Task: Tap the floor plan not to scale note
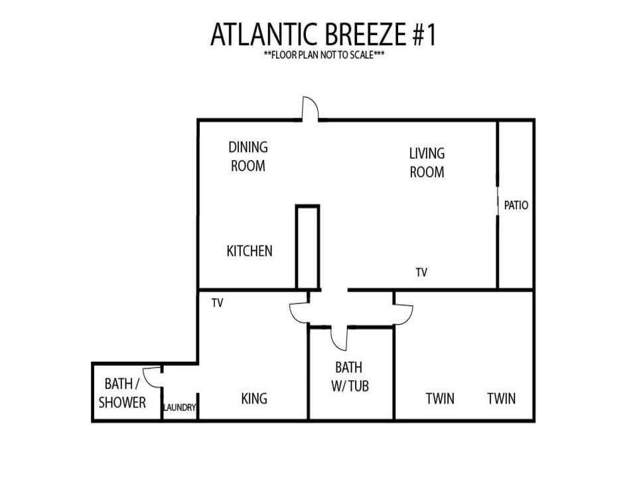click(x=324, y=55)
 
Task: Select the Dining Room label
click(x=248, y=157)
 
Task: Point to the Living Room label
click(x=427, y=163)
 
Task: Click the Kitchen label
click(x=249, y=251)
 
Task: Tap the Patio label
click(x=516, y=205)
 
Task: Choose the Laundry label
click(x=180, y=407)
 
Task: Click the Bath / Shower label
click(x=122, y=393)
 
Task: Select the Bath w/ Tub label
click(x=350, y=377)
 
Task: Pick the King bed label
click(x=254, y=398)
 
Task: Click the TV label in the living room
click(x=422, y=272)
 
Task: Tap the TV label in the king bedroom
click(x=218, y=303)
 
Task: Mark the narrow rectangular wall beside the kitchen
click(x=307, y=247)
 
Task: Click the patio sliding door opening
click(x=498, y=201)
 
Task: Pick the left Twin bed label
click(x=440, y=398)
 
